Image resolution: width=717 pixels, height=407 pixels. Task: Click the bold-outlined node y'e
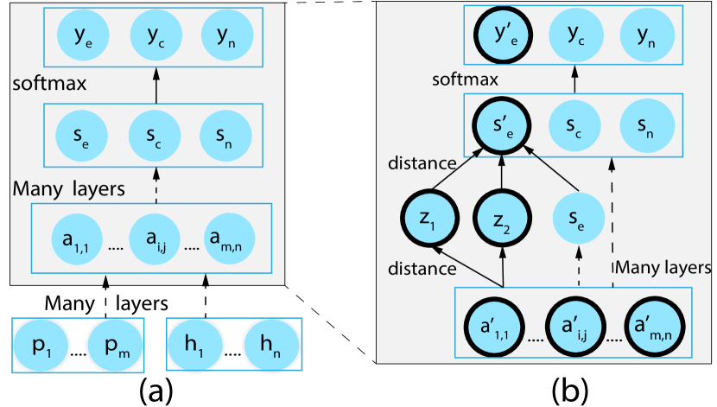click(x=502, y=36)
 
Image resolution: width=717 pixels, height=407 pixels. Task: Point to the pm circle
click(x=112, y=345)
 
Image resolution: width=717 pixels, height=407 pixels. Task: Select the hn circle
click(x=270, y=345)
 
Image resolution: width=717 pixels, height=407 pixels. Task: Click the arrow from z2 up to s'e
click(x=502, y=173)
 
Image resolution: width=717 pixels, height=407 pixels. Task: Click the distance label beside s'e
click(x=421, y=163)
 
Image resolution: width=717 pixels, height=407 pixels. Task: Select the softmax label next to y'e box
click(x=465, y=80)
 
